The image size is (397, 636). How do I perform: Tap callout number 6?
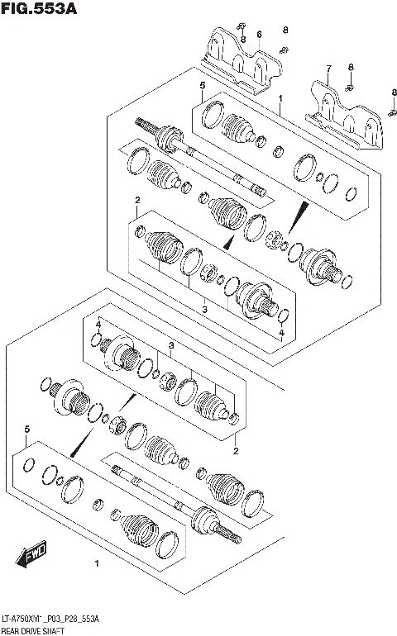pos(259,34)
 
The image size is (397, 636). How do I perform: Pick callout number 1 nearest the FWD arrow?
pos(97,564)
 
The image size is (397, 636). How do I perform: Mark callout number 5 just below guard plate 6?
pos(201,86)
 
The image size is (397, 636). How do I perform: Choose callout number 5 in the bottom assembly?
pos(27,430)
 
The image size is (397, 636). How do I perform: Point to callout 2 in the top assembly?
pos(137,201)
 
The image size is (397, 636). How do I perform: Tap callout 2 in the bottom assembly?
pos(235,451)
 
